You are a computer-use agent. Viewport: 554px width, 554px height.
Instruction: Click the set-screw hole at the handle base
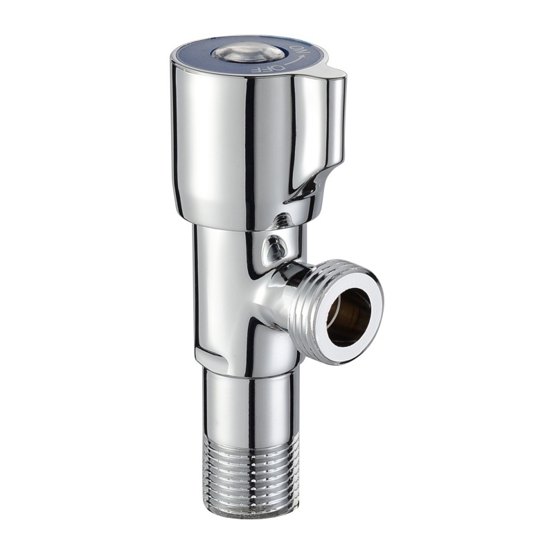(x=283, y=219)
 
